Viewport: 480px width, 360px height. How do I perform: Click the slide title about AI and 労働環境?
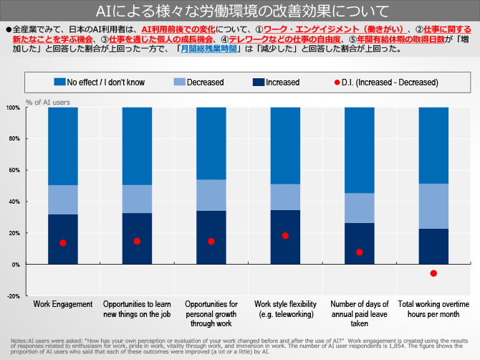click(239, 11)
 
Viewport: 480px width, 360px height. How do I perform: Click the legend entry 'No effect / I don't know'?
click(111, 82)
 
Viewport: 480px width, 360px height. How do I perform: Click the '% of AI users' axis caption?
click(48, 102)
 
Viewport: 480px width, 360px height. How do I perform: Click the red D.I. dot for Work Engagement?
click(63, 243)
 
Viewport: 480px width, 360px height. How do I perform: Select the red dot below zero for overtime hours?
click(433, 273)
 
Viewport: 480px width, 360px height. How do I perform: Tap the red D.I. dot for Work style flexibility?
click(285, 235)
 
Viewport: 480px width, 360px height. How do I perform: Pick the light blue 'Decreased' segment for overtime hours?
click(433, 206)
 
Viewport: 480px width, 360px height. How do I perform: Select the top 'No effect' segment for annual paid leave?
click(359, 150)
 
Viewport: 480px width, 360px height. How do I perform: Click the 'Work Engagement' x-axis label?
click(63, 304)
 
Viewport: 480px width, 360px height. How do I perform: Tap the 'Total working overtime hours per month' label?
click(433, 308)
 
